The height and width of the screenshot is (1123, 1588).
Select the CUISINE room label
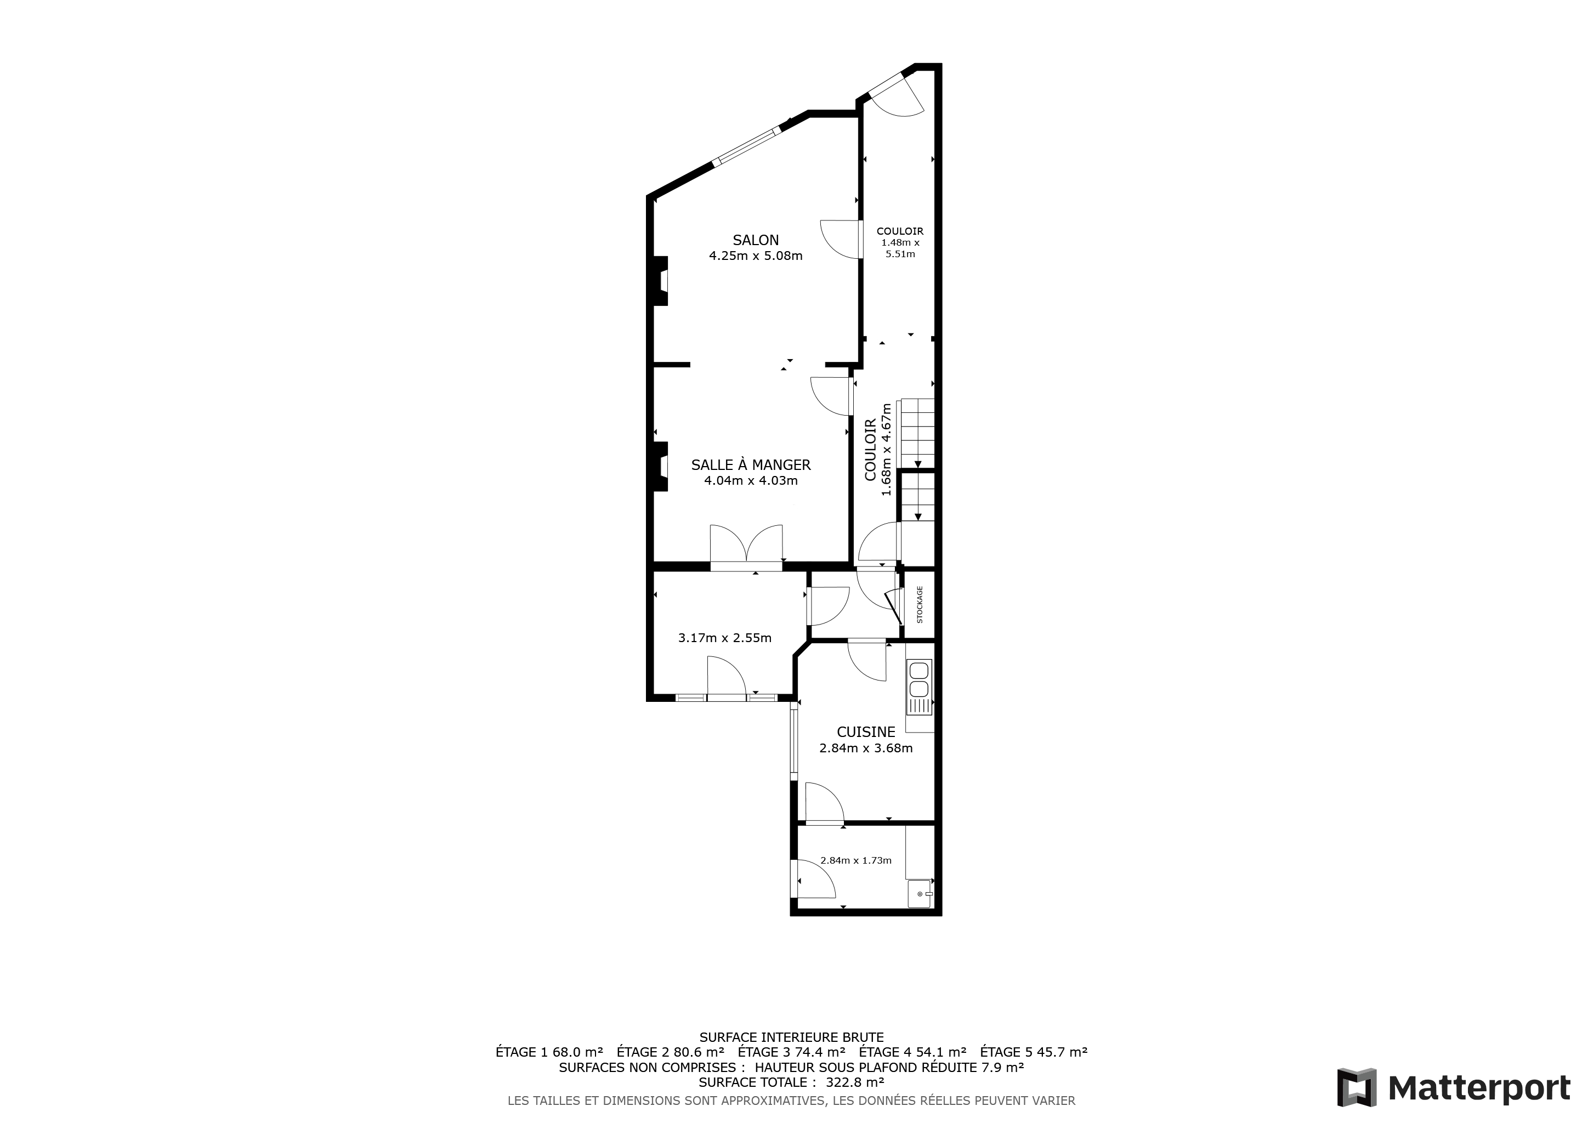pyautogui.click(x=866, y=731)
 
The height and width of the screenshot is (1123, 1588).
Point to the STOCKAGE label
pyautogui.click(x=920, y=605)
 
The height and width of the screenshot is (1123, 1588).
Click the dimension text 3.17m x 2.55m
pyautogui.click(x=725, y=638)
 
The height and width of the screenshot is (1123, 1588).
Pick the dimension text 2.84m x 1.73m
pyautogui.click(x=855, y=861)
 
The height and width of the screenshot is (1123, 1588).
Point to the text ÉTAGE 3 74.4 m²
pyautogui.click(x=791, y=1052)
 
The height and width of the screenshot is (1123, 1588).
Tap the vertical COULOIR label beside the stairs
pyautogui.click(x=870, y=450)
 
